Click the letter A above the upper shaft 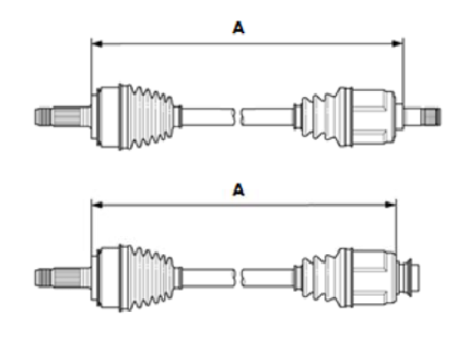pos(238,27)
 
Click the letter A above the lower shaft pos(238,190)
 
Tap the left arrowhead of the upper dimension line pos(95,43)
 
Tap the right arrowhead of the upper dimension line pos(399,43)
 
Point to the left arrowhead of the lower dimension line pos(95,203)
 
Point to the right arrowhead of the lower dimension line pos(392,203)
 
